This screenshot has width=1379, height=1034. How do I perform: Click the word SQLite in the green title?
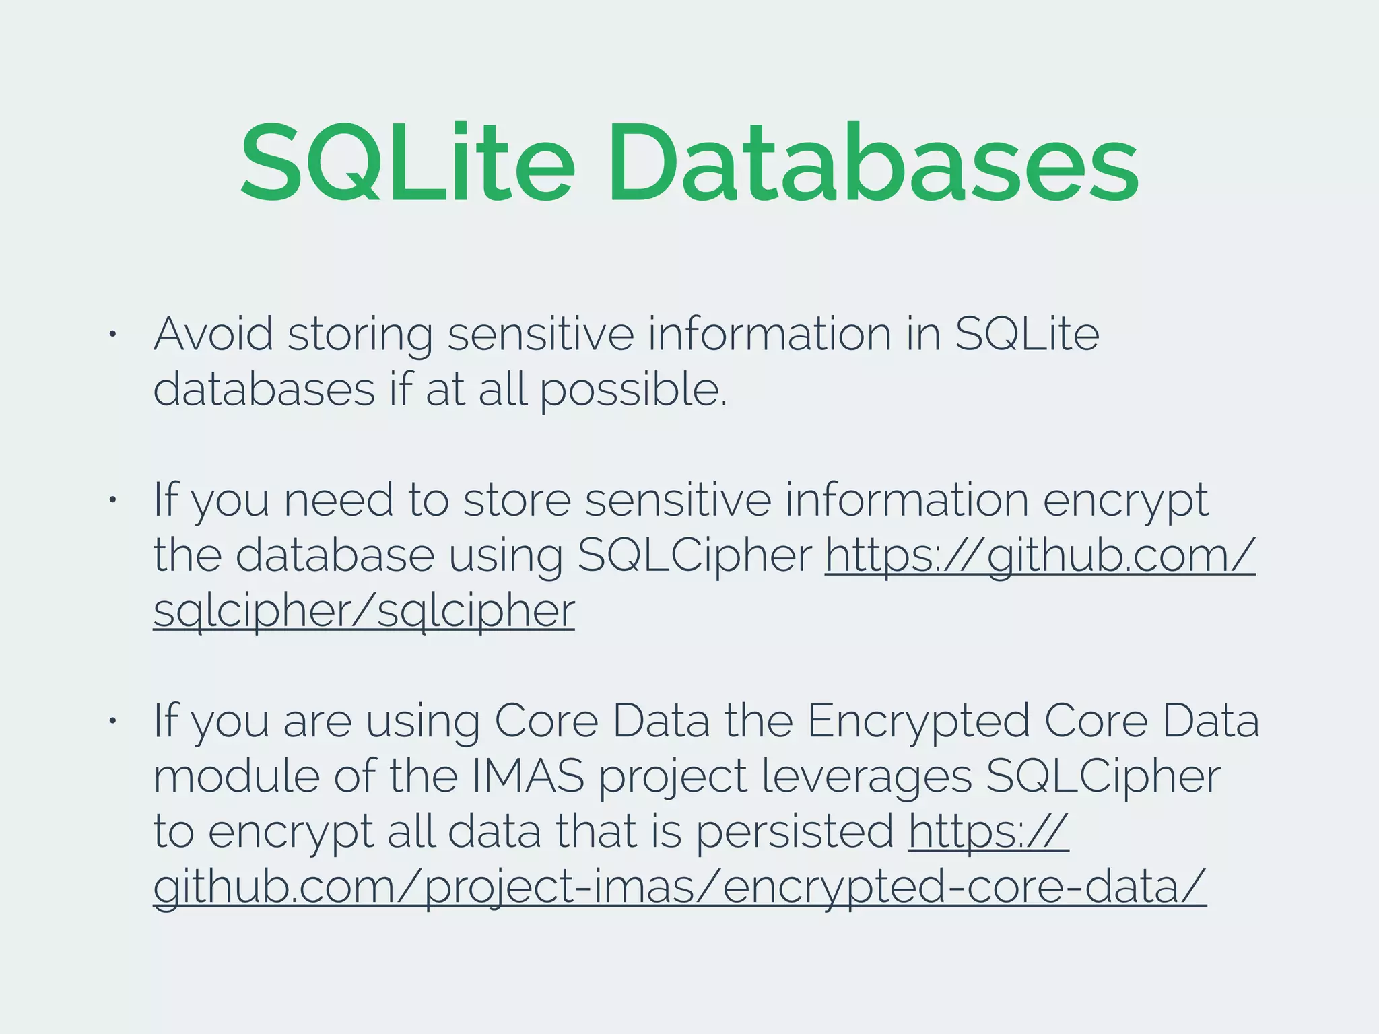coord(407,163)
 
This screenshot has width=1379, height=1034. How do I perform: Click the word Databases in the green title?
coord(873,163)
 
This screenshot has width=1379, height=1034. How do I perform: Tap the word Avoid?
coord(213,334)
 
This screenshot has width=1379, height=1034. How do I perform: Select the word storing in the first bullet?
coord(360,335)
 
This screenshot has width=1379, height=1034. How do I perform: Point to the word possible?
coord(633,390)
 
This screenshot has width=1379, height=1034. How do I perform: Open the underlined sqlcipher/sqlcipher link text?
coord(364,611)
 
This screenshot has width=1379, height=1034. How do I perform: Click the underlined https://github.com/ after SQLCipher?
coord(1040,556)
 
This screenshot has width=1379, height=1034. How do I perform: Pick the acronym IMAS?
coord(528,776)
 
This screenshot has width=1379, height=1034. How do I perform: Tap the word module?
coord(236,776)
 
